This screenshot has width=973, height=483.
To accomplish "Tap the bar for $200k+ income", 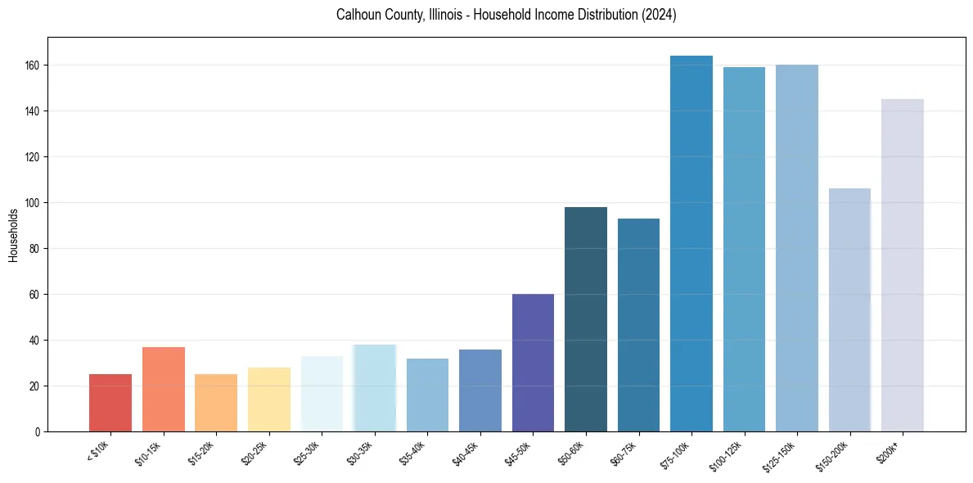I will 903,265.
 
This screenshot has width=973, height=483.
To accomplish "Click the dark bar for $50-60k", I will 586,319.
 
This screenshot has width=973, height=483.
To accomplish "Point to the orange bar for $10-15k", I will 164,389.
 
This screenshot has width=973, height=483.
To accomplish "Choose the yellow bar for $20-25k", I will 269,399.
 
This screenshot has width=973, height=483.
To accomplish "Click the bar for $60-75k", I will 638,325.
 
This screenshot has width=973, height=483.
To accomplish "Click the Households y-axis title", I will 14,235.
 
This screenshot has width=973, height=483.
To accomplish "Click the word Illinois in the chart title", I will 444,16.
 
